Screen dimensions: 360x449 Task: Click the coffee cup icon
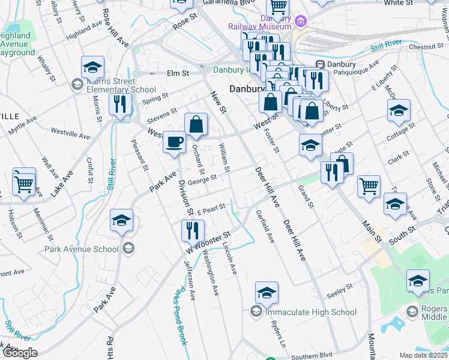point(174,142)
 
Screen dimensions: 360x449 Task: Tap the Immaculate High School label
point(311,312)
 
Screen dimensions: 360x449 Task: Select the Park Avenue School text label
point(81,249)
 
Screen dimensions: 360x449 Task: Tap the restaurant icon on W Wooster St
point(193,230)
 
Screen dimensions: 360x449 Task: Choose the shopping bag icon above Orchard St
point(196,125)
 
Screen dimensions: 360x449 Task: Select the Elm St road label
point(178,73)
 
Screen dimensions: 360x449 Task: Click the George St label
point(202,179)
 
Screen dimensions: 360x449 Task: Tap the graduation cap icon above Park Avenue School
point(121,220)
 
